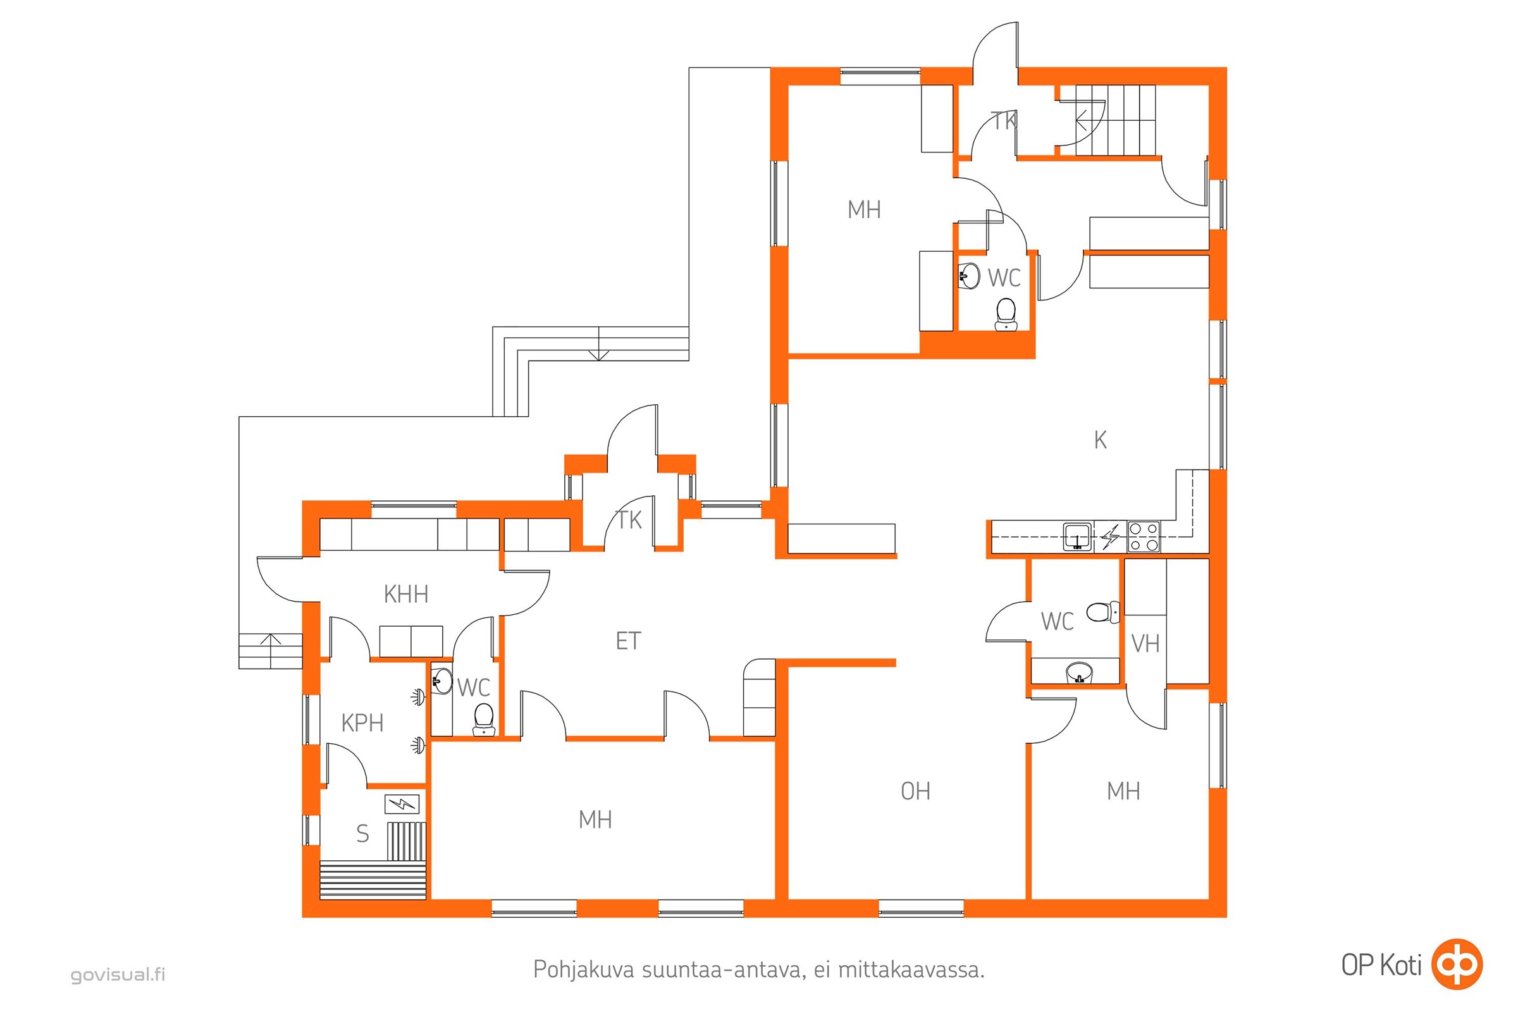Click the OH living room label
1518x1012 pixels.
click(x=915, y=791)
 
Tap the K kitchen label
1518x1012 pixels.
click(x=1101, y=440)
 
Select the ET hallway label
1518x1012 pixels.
click(x=628, y=641)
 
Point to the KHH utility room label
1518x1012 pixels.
click(x=406, y=594)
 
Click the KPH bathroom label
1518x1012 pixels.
click(x=362, y=723)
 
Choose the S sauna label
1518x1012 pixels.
click(x=362, y=834)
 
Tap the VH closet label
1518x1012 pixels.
click(x=1145, y=643)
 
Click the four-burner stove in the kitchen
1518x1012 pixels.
click(x=1144, y=537)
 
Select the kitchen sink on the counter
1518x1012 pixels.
click(x=1077, y=537)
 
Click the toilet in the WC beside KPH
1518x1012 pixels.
click(x=483, y=719)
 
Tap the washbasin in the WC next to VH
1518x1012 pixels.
click(x=1078, y=672)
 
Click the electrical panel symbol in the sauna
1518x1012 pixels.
click(x=402, y=804)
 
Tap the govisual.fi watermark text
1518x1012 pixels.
click(x=118, y=974)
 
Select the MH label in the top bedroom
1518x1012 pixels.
click(x=864, y=210)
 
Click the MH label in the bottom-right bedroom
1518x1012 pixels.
click(x=1123, y=791)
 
